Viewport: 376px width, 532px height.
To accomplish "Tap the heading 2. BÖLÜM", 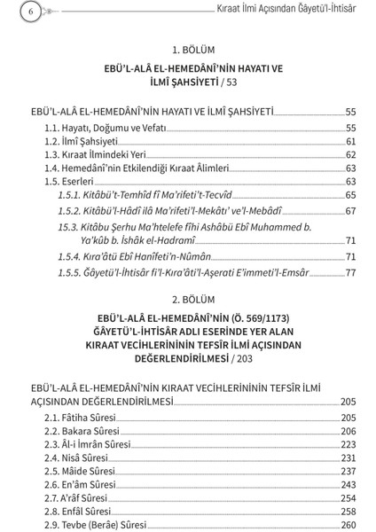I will [188, 301].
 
